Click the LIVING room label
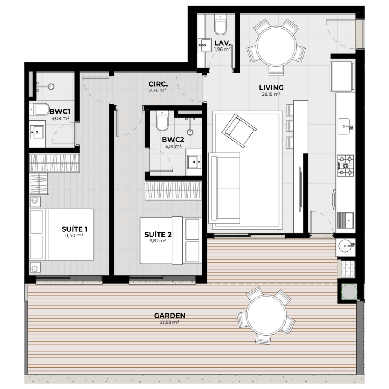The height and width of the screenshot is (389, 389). (271, 88)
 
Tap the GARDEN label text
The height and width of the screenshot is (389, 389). (170, 316)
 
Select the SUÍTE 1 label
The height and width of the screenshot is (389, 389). (74, 229)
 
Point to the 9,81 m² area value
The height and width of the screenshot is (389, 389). (157, 240)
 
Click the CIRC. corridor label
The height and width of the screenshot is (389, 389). (158, 84)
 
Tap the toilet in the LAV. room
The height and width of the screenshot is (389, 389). (220, 24)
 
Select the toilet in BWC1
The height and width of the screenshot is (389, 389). (39, 109)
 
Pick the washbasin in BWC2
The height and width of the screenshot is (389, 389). (194, 162)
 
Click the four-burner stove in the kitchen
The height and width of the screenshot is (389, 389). (345, 166)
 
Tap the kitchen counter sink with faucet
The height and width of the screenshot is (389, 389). (345, 127)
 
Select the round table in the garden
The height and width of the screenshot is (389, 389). (267, 315)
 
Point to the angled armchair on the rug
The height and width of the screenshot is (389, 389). (239, 131)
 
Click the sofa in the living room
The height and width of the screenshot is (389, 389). (224, 188)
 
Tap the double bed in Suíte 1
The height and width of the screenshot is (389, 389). (62, 234)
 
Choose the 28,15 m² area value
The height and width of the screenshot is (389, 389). (271, 94)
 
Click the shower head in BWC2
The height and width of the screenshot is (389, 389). (190, 132)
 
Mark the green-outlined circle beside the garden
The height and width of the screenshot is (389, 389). (349, 292)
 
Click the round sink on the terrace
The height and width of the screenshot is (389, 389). (345, 246)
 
